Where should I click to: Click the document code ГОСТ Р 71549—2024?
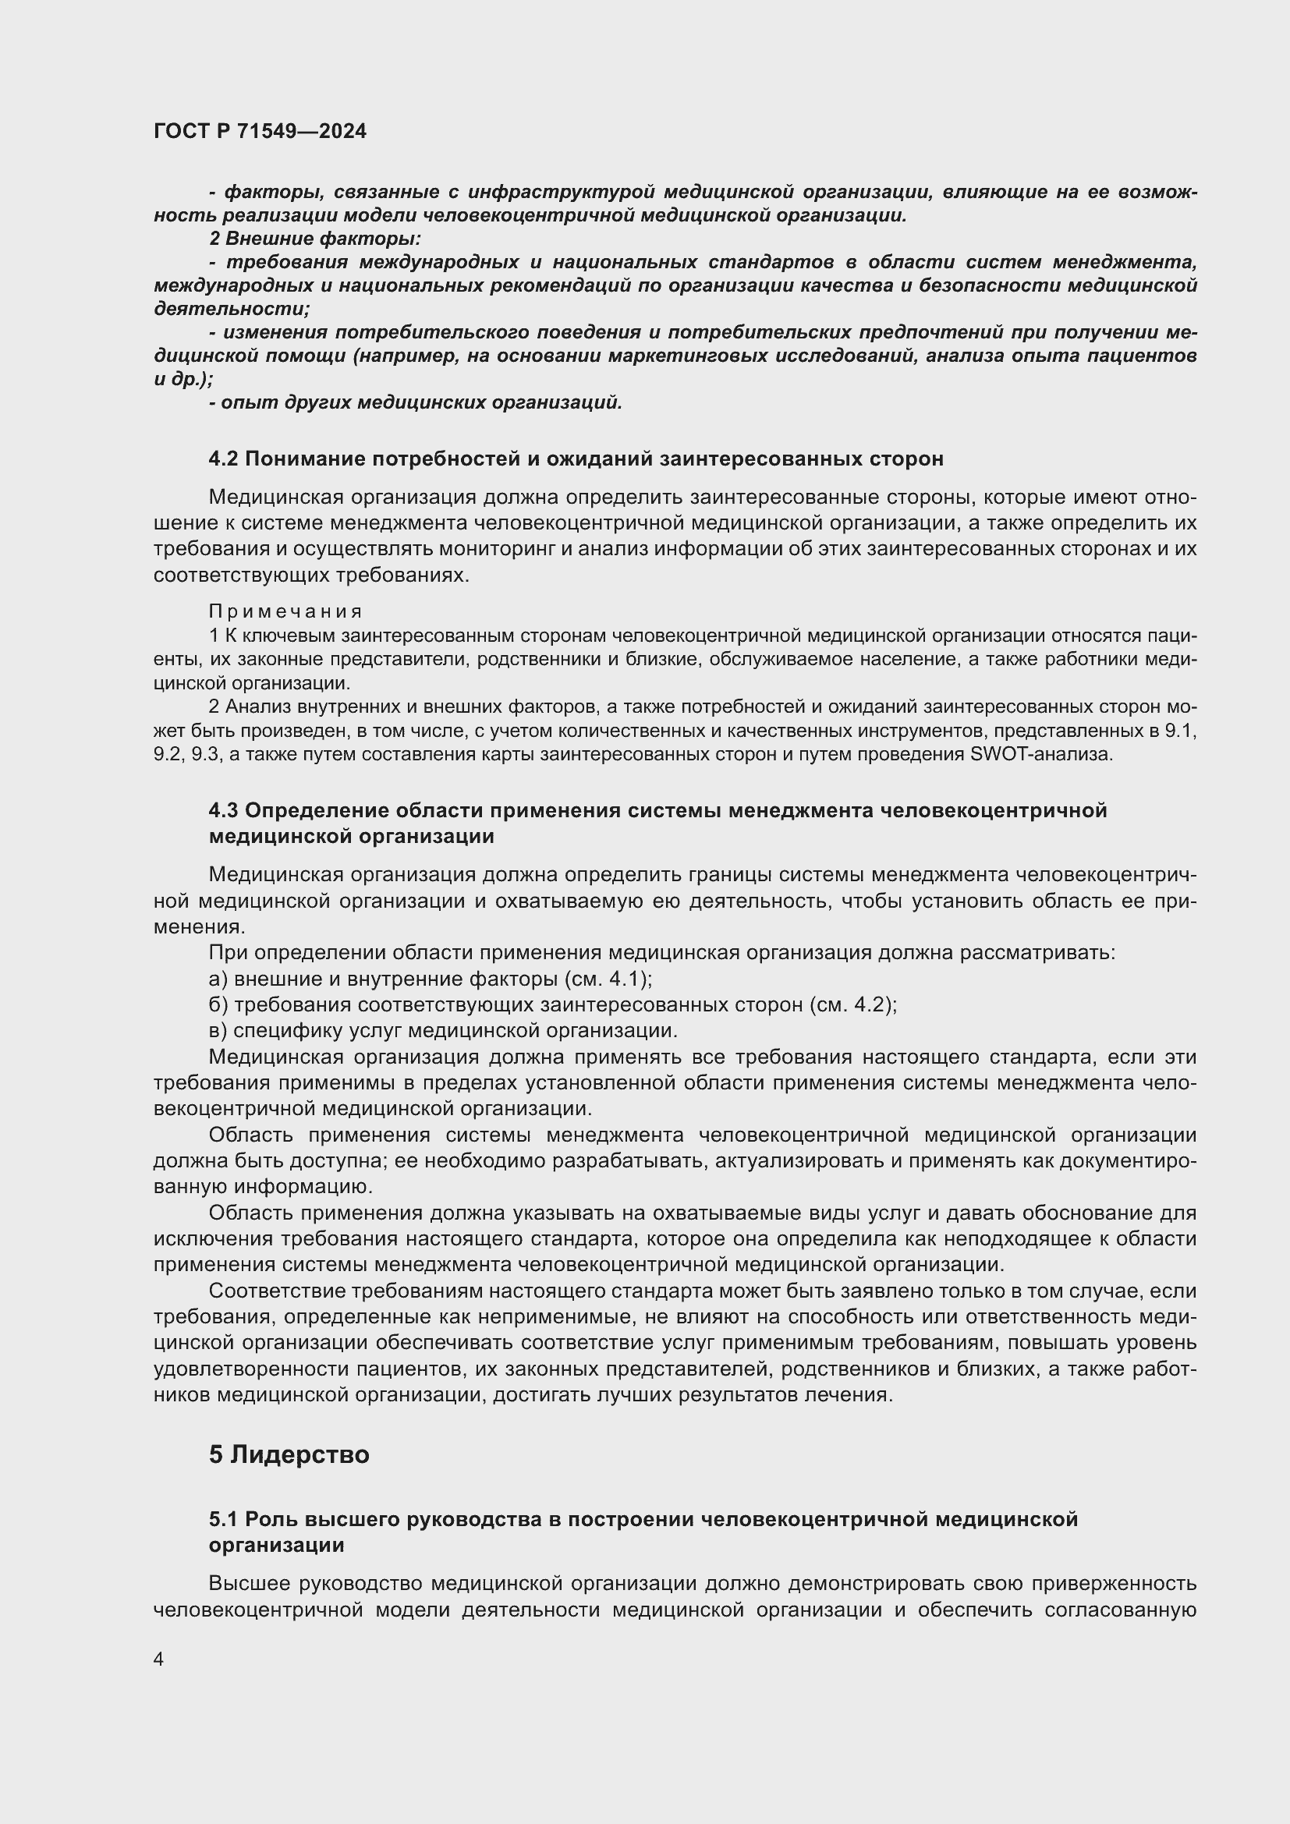(x=260, y=131)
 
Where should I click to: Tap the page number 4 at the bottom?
(x=159, y=1659)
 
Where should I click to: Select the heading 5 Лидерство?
(x=289, y=1454)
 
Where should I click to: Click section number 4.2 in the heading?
(x=224, y=459)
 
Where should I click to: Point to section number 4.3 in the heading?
(x=224, y=810)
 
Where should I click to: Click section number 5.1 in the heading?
(x=224, y=1519)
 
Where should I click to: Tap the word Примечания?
(x=285, y=611)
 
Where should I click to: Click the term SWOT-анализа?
(x=1041, y=754)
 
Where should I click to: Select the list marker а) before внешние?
(x=218, y=979)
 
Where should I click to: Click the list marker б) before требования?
(x=218, y=1005)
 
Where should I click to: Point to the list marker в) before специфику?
(x=218, y=1031)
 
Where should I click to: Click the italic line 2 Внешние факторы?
(x=315, y=239)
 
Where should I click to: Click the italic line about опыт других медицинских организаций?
(x=416, y=402)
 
